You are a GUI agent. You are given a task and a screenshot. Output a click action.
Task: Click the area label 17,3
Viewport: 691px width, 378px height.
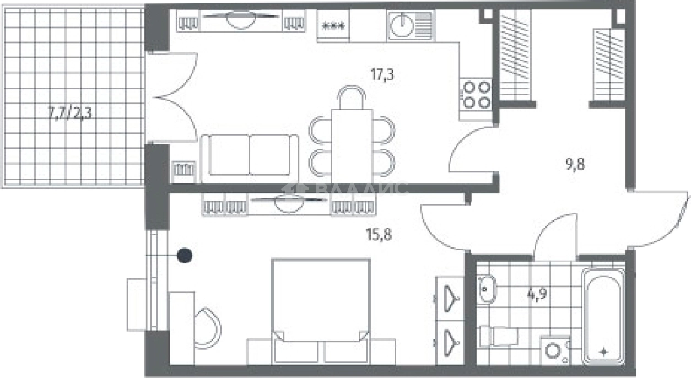[x=382, y=75]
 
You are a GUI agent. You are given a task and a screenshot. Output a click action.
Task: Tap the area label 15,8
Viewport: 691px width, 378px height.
[x=379, y=234]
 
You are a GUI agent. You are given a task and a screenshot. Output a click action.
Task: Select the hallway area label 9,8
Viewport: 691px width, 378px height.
[x=575, y=164]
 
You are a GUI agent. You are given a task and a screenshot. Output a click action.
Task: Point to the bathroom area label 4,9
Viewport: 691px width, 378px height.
[x=537, y=294]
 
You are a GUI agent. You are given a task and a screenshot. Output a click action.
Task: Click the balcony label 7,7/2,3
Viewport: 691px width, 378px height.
[x=70, y=114]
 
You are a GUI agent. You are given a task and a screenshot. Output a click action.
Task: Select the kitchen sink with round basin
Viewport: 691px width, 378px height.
[x=411, y=25]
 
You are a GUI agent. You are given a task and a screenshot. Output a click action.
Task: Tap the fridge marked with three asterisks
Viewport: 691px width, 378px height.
[x=333, y=25]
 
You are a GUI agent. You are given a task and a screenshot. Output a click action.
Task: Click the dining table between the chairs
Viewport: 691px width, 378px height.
[x=352, y=145]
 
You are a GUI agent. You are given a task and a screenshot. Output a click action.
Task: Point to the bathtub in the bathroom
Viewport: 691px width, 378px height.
[x=603, y=317]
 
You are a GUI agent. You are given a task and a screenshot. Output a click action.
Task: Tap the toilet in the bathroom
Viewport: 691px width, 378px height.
[x=499, y=336]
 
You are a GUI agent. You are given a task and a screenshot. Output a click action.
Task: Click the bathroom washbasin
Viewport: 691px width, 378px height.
[x=487, y=289]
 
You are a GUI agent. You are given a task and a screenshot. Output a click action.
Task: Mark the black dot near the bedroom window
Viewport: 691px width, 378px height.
[x=185, y=256]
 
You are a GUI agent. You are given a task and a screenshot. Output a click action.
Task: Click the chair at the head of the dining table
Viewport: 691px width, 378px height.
[x=352, y=97]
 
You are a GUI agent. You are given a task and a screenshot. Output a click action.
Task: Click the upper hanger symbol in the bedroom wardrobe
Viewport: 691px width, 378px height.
[x=451, y=299]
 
